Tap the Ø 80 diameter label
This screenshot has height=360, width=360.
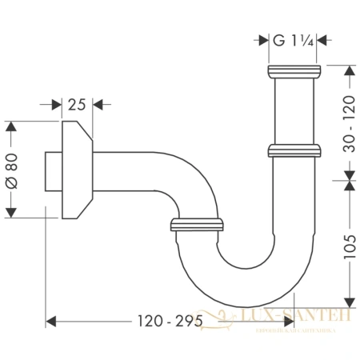[11, 170]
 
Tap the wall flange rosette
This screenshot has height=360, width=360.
[75, 170]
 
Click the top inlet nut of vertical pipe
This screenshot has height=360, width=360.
[294, 74]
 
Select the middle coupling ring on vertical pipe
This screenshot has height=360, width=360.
[294, 150]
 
